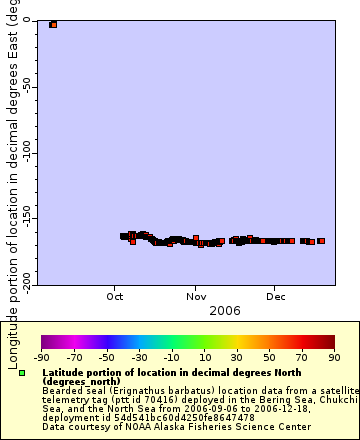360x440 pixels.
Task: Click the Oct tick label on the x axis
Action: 116,296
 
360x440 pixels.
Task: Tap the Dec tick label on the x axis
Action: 277,296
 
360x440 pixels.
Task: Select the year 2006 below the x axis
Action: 224,311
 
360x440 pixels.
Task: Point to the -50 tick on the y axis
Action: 25,86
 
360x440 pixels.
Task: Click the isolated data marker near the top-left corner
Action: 53,24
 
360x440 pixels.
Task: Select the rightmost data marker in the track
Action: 321,241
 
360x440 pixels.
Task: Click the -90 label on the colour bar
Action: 41,357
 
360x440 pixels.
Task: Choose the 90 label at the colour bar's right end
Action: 333,357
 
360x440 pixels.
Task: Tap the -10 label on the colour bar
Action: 171,357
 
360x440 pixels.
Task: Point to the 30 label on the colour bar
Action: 236,357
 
